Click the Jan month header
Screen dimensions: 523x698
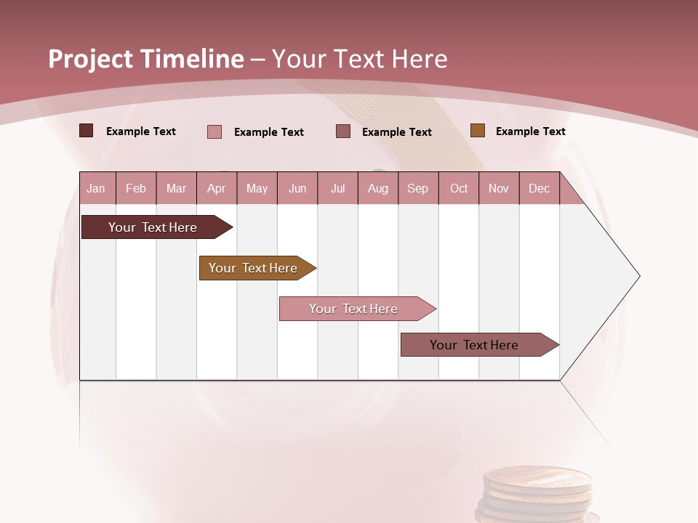click(96, 189)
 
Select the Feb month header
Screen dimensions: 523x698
click(136, 189)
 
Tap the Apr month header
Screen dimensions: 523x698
click(216, 189)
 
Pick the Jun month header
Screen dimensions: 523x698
click(297, 189)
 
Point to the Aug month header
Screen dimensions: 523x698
click(377, 189)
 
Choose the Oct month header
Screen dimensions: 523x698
click(459, 189)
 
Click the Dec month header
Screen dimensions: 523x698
click(539, 189)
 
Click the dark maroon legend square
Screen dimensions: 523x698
click(86, 131)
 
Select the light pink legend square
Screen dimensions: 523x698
click(214, 131)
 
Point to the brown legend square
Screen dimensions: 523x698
click(477, 131)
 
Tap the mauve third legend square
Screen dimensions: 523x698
click(343, 131)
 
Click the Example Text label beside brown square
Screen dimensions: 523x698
click(530, 131)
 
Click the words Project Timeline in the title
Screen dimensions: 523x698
click(146, 59)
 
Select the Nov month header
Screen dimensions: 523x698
click(499, 189)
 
